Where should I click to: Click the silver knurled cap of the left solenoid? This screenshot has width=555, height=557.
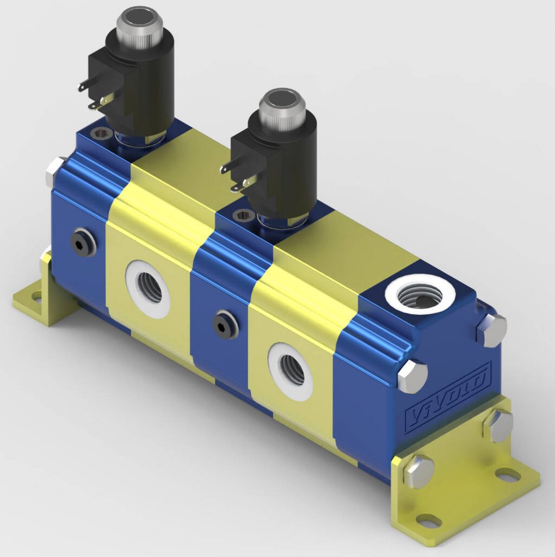(x=139, y=27)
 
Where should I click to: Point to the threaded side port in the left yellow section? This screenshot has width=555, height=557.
(x=148, y=288)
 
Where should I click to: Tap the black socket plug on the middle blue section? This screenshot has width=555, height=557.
(x=225, y=325)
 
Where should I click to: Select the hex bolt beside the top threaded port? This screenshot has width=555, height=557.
(x=492, y=330)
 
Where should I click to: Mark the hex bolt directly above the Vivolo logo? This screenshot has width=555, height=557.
(x=412, y=376)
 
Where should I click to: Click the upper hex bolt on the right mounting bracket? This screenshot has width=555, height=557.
(x=498, y=425)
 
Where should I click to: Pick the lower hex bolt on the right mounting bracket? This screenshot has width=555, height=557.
(x=418, y=471)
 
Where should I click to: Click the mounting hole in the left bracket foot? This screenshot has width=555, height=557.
(x=36, y=297)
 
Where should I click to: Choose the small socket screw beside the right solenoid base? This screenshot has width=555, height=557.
(x=244, y=215)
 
